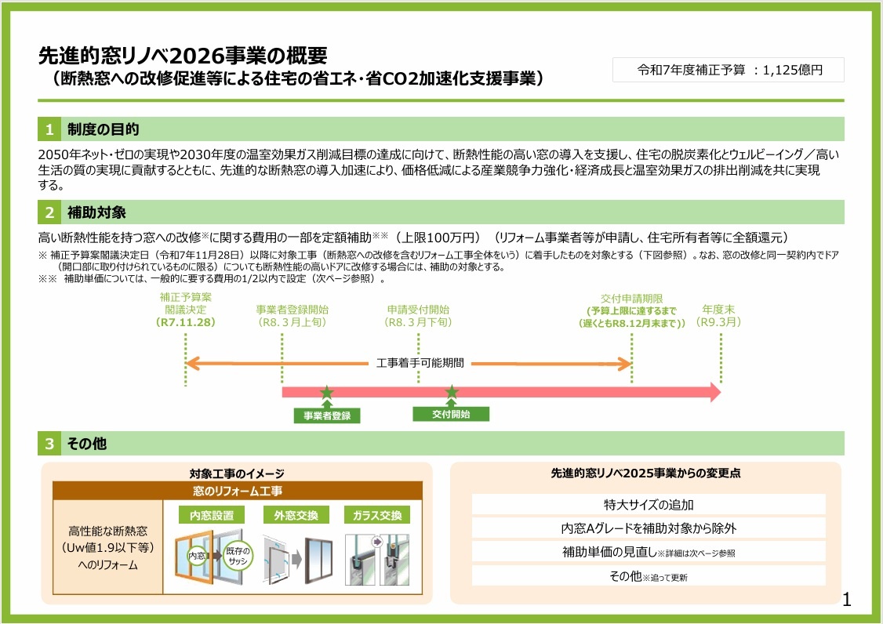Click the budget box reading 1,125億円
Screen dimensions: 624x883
[x=729, y=70]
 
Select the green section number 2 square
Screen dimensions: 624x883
[x=49, y=212]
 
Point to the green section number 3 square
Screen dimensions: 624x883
[x=49, y=444]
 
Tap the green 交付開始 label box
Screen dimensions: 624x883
[x=451, y=414]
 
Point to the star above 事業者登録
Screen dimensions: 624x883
[x=326, y=392]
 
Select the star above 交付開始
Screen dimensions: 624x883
[x=452, y=392]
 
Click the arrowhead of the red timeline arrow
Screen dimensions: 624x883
[x=714, y=392]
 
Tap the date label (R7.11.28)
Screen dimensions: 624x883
[x=185, y=322]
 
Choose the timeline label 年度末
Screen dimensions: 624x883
[x=718, y=309]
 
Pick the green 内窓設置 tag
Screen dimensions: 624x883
[x=212, y=515]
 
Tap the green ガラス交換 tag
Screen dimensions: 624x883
[x=376, y=515]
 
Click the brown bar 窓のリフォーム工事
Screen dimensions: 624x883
[x=238, y=491]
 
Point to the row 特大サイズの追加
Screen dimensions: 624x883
[x=649, y=504]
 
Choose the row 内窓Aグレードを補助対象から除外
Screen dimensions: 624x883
[x=649, y=528]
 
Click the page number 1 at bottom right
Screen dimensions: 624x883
[x=845, y=601]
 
